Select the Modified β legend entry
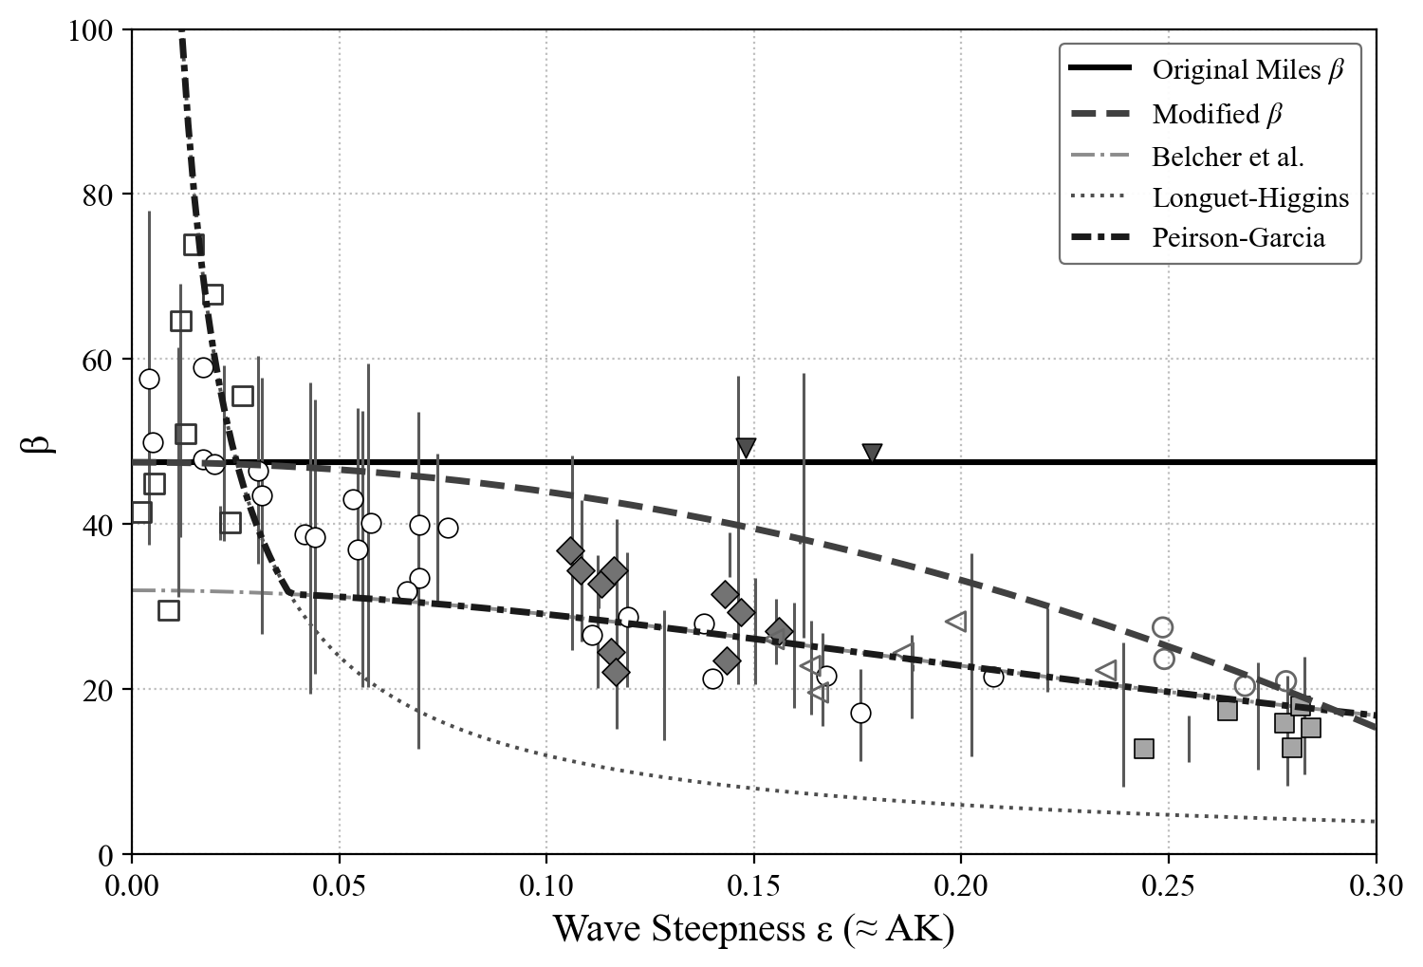click(x=1217, y=115)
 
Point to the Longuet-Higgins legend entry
click(x=1250, y=197)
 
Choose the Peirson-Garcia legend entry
click(x=1238, y=237)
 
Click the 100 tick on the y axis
click(x=92, y=30)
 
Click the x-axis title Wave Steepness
click(x=753, y=929)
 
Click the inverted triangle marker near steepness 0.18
click(x=872, y=454)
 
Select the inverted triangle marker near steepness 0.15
click(x=746, y=447)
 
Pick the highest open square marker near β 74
click(x=194, y=245)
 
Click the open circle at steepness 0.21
click(x=993, y=677)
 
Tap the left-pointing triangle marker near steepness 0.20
click(x=956, y=622)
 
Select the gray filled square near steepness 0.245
click(x=1144, y=749)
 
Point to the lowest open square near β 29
click(x=169, y=610)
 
